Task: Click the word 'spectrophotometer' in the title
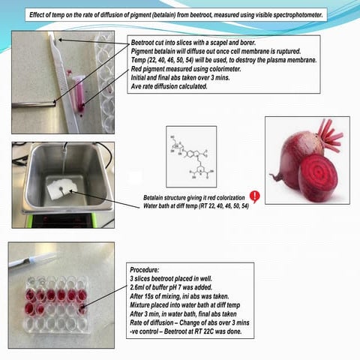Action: pyautogui.click(x=292, y=15)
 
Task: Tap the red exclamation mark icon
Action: pyautogui.click(x=254, y=196)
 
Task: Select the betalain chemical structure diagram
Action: pyautogui.click(x=190, y=156)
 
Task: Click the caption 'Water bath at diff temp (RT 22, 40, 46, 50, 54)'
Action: pyautogui.click(x=196, y=205)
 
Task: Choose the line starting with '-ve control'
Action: pyautogui.click(x=187, y=331)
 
